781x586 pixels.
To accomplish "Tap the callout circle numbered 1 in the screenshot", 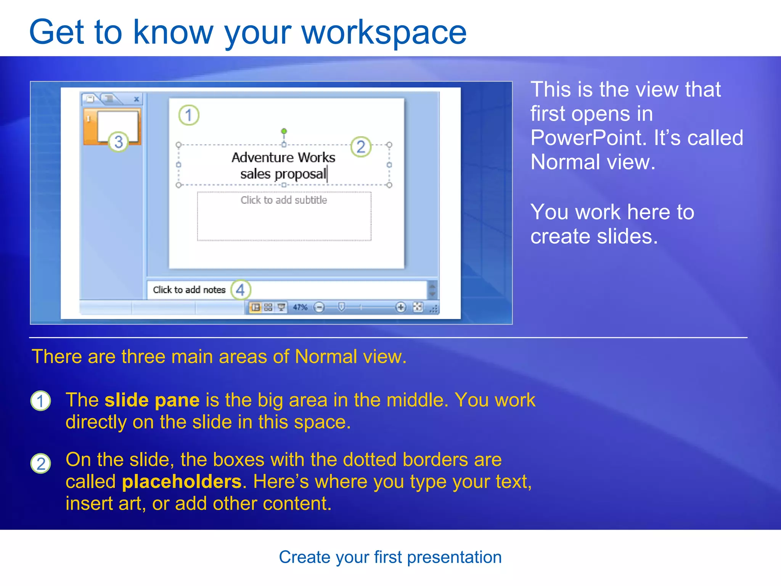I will [x=189, y=115].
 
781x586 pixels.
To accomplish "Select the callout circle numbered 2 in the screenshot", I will [x=361, y=147].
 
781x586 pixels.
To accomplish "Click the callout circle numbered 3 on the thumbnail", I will [x=118, y=142].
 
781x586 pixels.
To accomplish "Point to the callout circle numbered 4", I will [x=241, y=290].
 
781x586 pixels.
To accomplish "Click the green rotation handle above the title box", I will [x=284, y=131].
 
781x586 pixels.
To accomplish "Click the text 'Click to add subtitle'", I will [x=284, y=200].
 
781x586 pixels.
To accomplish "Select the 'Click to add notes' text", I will [x=189, y=290].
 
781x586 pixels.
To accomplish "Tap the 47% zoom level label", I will [x=300, y=307].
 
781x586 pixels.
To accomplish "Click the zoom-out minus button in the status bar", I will [x=319, y=307].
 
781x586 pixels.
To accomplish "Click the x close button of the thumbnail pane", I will [x=136, y=100].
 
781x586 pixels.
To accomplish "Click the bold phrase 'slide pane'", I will [x=152, y=400].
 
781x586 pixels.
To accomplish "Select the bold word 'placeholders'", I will [x=182, y=482].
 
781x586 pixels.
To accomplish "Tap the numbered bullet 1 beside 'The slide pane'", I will [x=40, y=401].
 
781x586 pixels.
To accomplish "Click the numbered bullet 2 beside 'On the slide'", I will [x=40, y=464].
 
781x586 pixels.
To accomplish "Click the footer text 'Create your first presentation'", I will [x=390, y=557].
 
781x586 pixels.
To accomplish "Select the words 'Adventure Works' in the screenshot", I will [x=283, y=158].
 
